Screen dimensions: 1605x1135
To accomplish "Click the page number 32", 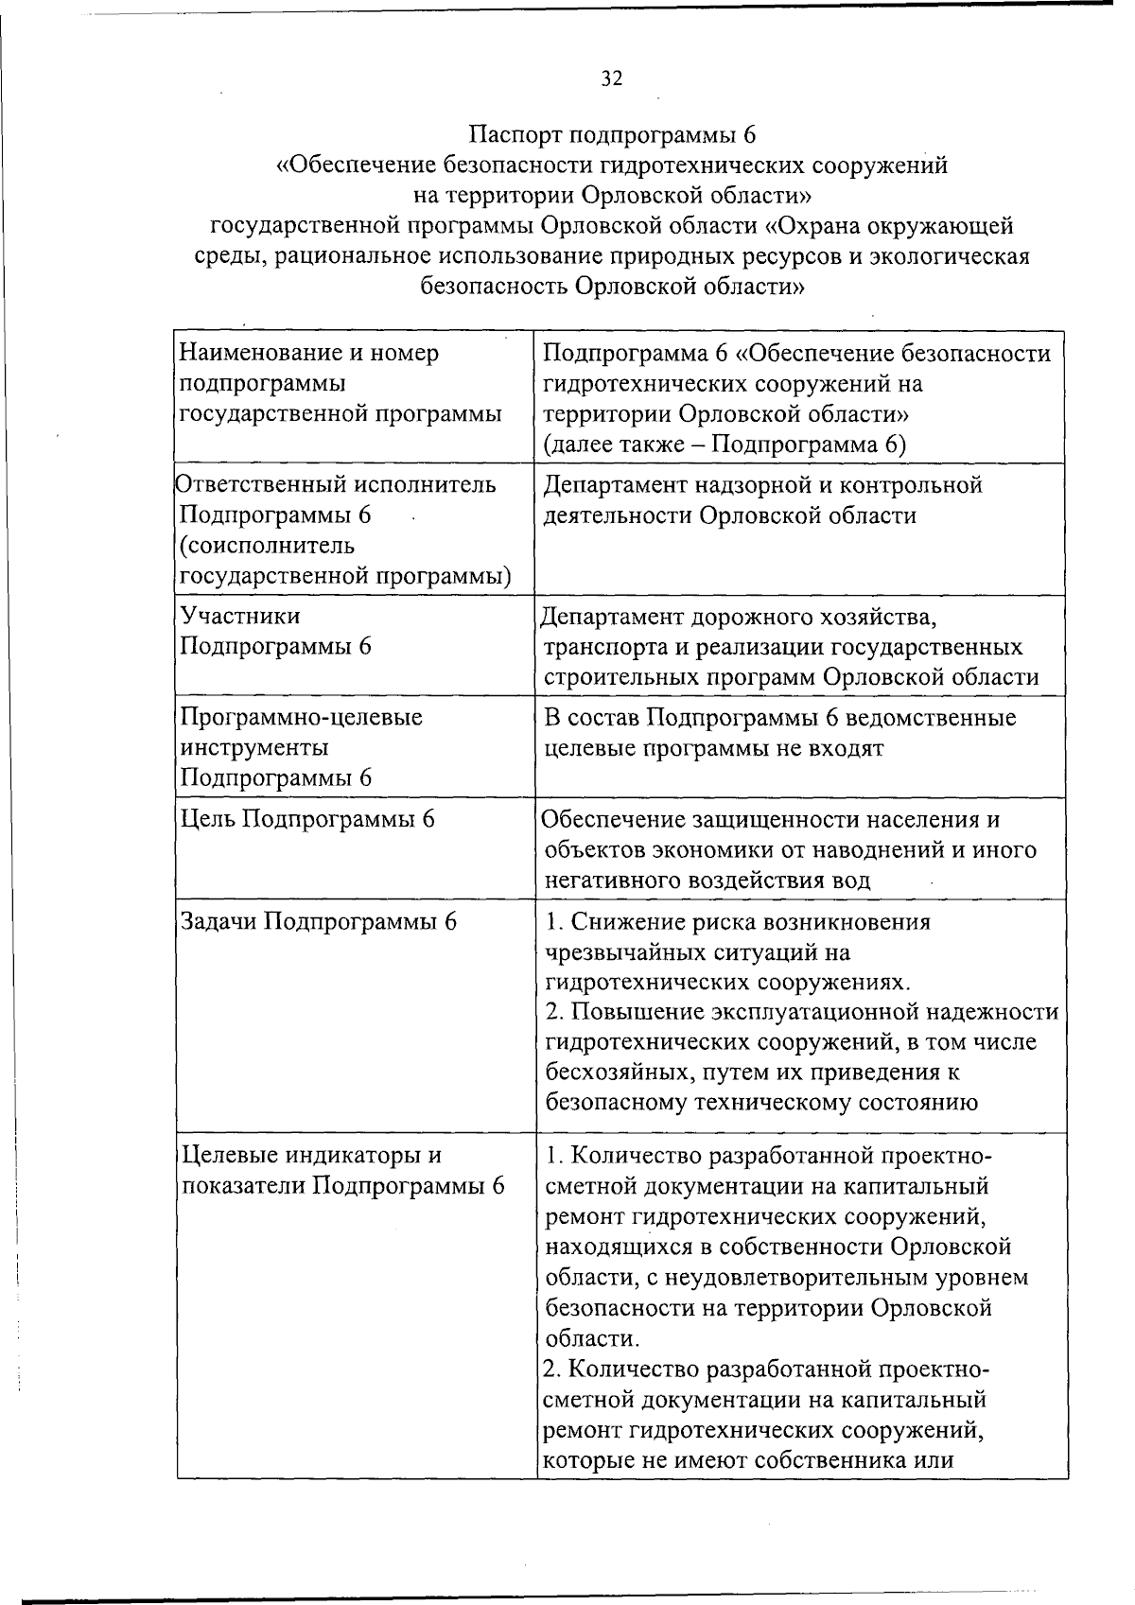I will (612, 79).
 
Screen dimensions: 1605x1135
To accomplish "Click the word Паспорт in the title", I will (522, 134).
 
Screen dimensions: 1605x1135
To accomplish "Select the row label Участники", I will (240, 617).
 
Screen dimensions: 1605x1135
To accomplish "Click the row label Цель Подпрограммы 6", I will (307, 819).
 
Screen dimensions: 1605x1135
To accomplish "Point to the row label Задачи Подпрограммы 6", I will (319, 921).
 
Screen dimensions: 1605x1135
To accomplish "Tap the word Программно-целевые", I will (302, 718).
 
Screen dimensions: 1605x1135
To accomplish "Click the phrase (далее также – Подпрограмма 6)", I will (725, 445).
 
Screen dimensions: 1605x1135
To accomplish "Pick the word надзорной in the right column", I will (755, 486).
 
